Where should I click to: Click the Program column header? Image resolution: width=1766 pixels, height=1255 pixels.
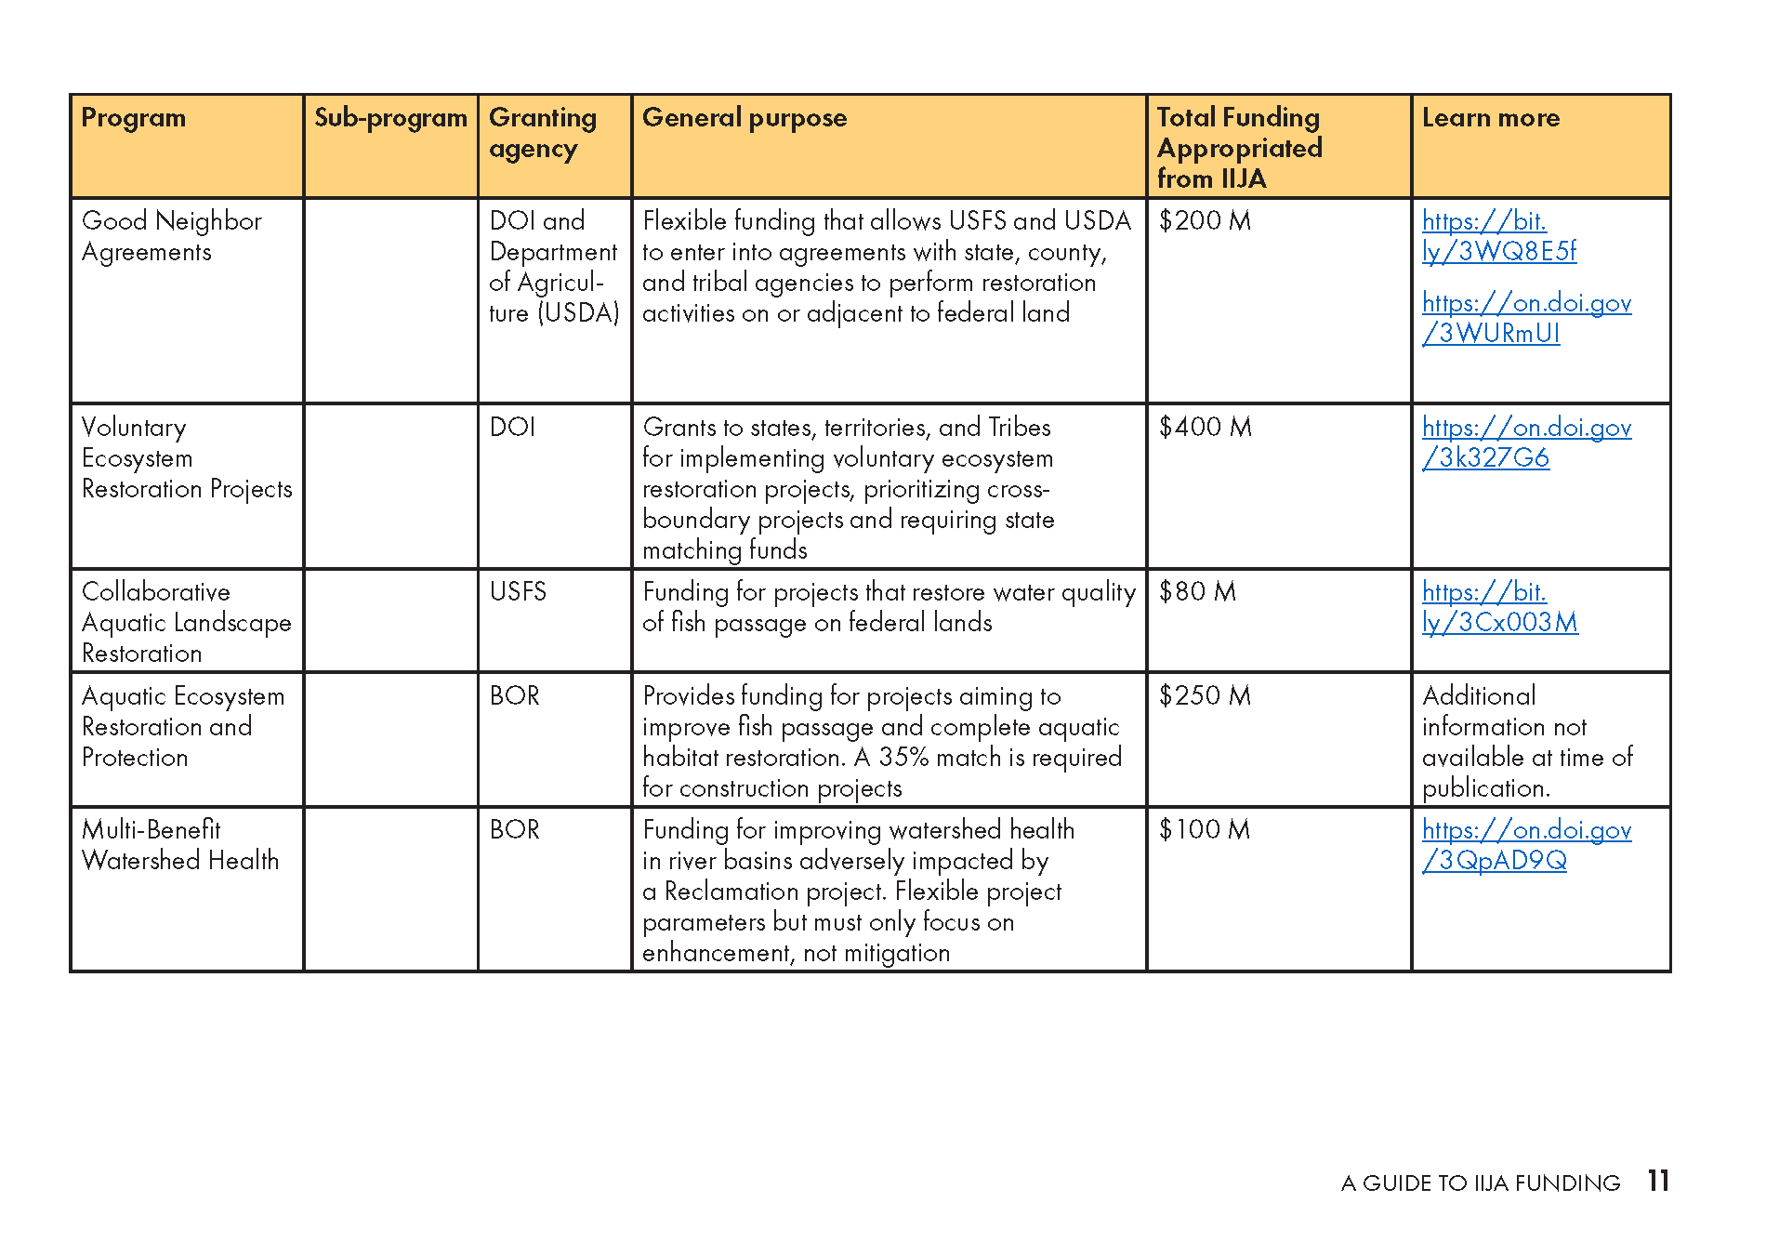pos(134,118)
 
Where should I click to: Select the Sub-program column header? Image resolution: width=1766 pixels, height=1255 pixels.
pos(390,118)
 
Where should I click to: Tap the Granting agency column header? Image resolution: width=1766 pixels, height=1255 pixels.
pos(543,132)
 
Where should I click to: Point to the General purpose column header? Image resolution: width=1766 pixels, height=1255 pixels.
pos(745,118)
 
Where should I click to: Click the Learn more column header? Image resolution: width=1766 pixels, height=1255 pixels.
pos(1491,118)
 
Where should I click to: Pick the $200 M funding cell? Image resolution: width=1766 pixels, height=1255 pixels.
pos(1205,221)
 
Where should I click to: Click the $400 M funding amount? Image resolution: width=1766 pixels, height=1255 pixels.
pos(1205,428)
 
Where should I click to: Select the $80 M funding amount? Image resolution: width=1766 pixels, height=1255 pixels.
pos(1197,592)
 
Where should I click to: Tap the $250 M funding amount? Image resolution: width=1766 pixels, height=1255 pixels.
pos(1205,696)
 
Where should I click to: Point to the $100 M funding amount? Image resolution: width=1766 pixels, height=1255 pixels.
pos(1204,830)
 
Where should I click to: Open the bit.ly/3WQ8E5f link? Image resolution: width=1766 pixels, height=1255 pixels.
pos(1498,236)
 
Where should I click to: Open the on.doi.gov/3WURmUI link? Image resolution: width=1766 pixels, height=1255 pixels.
pos(1526,318)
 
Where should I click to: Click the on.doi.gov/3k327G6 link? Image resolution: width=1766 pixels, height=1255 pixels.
pos(1526,443)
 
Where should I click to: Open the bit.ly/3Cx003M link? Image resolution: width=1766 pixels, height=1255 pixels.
pos(1499,607)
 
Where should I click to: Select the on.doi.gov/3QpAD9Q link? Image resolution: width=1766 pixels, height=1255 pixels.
pos(1526,845)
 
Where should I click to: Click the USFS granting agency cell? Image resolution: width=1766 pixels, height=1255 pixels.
pos(518,592)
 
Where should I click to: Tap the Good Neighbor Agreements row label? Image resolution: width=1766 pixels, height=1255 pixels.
pos(171,236)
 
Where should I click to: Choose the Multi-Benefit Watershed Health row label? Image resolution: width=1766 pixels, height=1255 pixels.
pos(180,845)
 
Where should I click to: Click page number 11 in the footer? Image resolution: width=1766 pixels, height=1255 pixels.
pos(1658,1182)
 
